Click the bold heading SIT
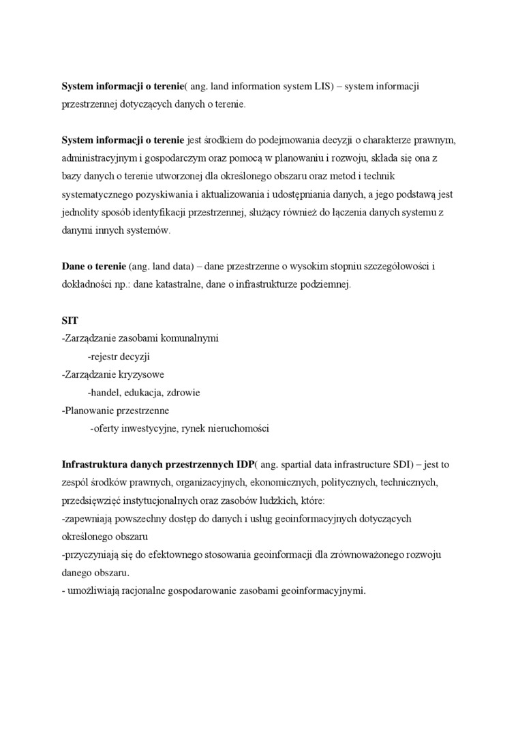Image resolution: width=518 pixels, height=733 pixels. (70, 320)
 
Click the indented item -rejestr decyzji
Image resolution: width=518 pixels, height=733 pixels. (119, 357)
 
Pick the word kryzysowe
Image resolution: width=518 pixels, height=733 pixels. (141, 374)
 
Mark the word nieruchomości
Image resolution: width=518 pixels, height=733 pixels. (237, 429)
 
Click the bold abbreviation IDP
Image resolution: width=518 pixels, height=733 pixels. (245, 464)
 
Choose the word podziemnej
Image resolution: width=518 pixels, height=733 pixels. (328, 284)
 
